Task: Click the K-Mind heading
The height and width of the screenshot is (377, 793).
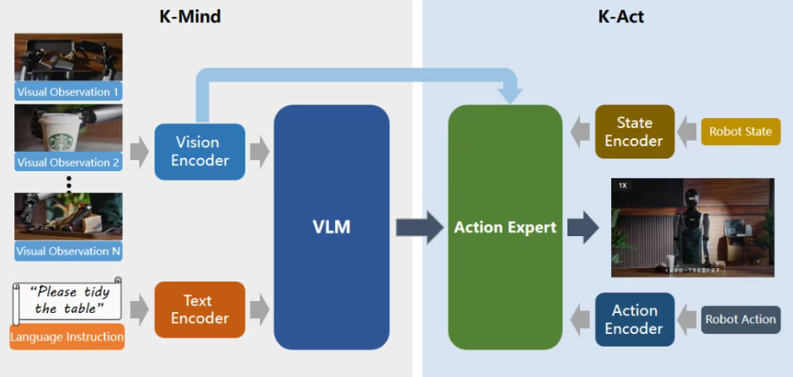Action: point(190,16)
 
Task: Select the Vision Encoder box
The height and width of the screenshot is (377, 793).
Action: point(200,151)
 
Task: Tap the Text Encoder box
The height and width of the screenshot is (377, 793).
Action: point(200,310)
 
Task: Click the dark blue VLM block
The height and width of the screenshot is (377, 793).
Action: point(331,227)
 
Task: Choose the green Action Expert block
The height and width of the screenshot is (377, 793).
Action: point(504,227)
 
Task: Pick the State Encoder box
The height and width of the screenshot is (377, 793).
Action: point(634,132)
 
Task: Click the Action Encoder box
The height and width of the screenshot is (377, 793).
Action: point(634,320)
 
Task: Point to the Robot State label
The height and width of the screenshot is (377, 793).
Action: point(740,132)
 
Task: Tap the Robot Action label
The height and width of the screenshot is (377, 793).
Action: point(740,320)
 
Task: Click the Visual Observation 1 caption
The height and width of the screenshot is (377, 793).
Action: point(68,91)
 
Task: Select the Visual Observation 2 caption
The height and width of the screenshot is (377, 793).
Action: point(68,162)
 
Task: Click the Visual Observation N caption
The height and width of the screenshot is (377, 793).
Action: point(68,250)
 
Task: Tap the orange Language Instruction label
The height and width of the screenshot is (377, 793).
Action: point(67,337)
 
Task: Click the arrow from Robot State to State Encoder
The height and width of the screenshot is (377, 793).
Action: point(688,132)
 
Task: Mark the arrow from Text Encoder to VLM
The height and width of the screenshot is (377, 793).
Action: point(259,310)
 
